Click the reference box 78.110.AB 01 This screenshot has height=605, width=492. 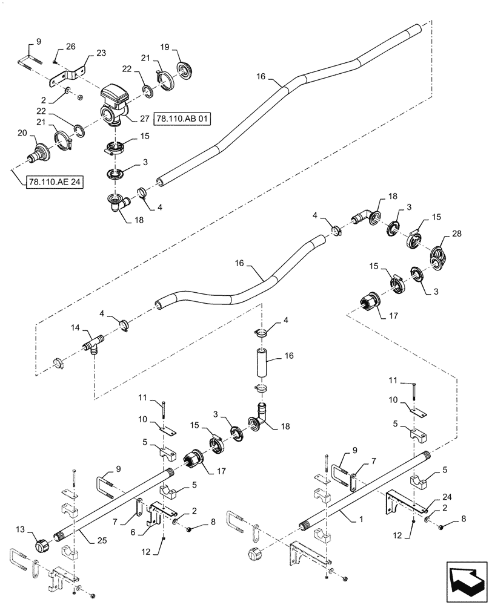[181, 119]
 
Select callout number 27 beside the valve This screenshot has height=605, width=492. [143, 119]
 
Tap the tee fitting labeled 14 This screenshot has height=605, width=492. [93, 347]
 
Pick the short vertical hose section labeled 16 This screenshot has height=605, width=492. [262, 367]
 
